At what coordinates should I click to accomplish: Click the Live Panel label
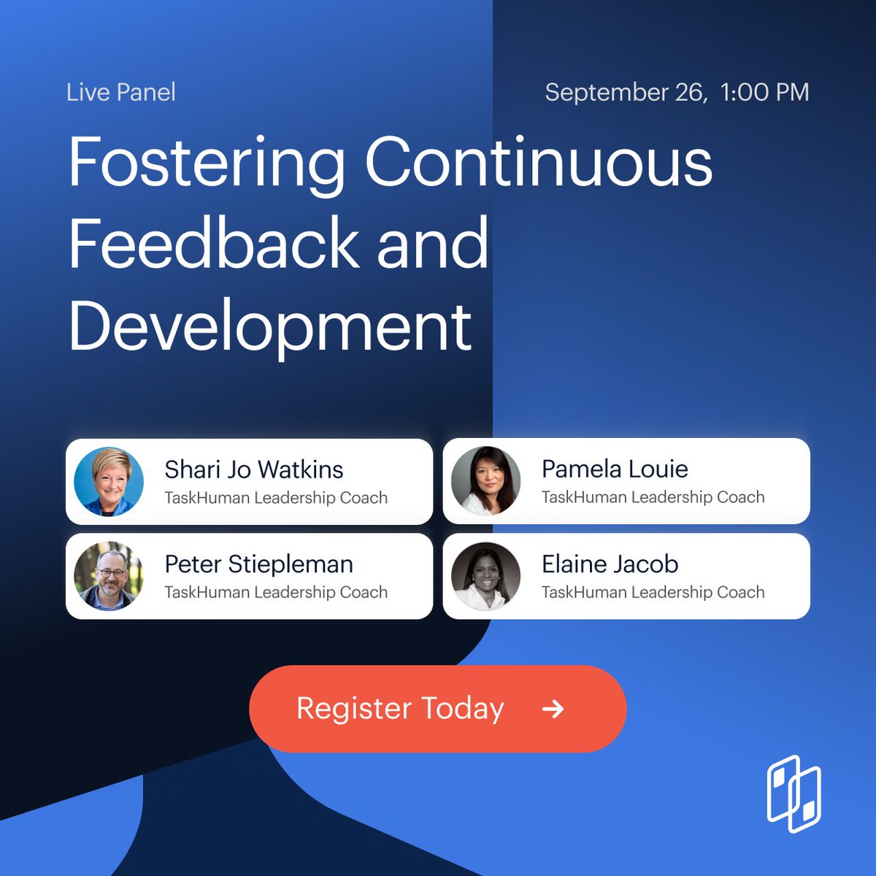pyautogui.click(x=120, y=93)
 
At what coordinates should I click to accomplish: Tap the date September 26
pyautogui.click(x=624, y=93)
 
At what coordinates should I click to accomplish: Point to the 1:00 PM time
pyautogui.click(x=764, y=93)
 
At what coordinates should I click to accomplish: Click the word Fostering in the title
pyautogui.click(x=207, y=164)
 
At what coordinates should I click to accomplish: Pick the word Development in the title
pyautogui.click(x=270, y=326)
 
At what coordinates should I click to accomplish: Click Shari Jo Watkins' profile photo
pyautogui.click(x=109, y=482)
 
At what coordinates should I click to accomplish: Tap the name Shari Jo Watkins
pyautogui.click(x=254, y=469)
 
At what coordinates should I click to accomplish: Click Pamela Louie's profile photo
pyautogui.click(x=486, y=481)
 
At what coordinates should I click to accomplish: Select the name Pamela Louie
pyautogui.click(x=615, y=469)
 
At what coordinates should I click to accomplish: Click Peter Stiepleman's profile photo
pyautogui.click(x=109, y=576)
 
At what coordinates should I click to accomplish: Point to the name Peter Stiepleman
pyautogui.click(x=258, y=564)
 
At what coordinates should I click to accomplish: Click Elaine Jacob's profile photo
pyautogui.click(x=486, y=576)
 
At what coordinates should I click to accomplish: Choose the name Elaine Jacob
pyautogui.click(x=610, y=564)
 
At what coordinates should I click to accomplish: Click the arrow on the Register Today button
pyautogui.click(x=553, y=708)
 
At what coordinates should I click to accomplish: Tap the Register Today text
pyautogui.click(x=400, y=708)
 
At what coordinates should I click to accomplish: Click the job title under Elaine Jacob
pyautogui.click(x=653, y=592)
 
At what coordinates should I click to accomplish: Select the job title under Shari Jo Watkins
pyautogui.click(x=276, y=498)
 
